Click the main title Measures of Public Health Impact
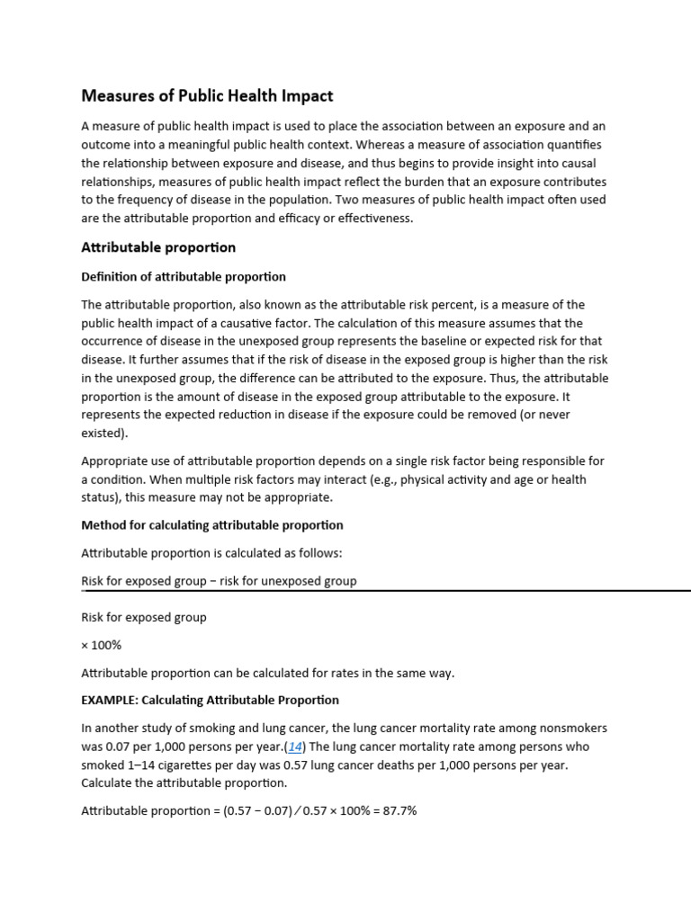[207, 95]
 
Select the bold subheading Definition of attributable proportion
[184, 276]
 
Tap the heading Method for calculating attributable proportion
[212, 524]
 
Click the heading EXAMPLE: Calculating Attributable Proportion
[210, 700]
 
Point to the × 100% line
[102, 646]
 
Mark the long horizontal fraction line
[386, 591]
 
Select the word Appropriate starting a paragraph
[113, 461]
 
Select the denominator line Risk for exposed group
[144, 617]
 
